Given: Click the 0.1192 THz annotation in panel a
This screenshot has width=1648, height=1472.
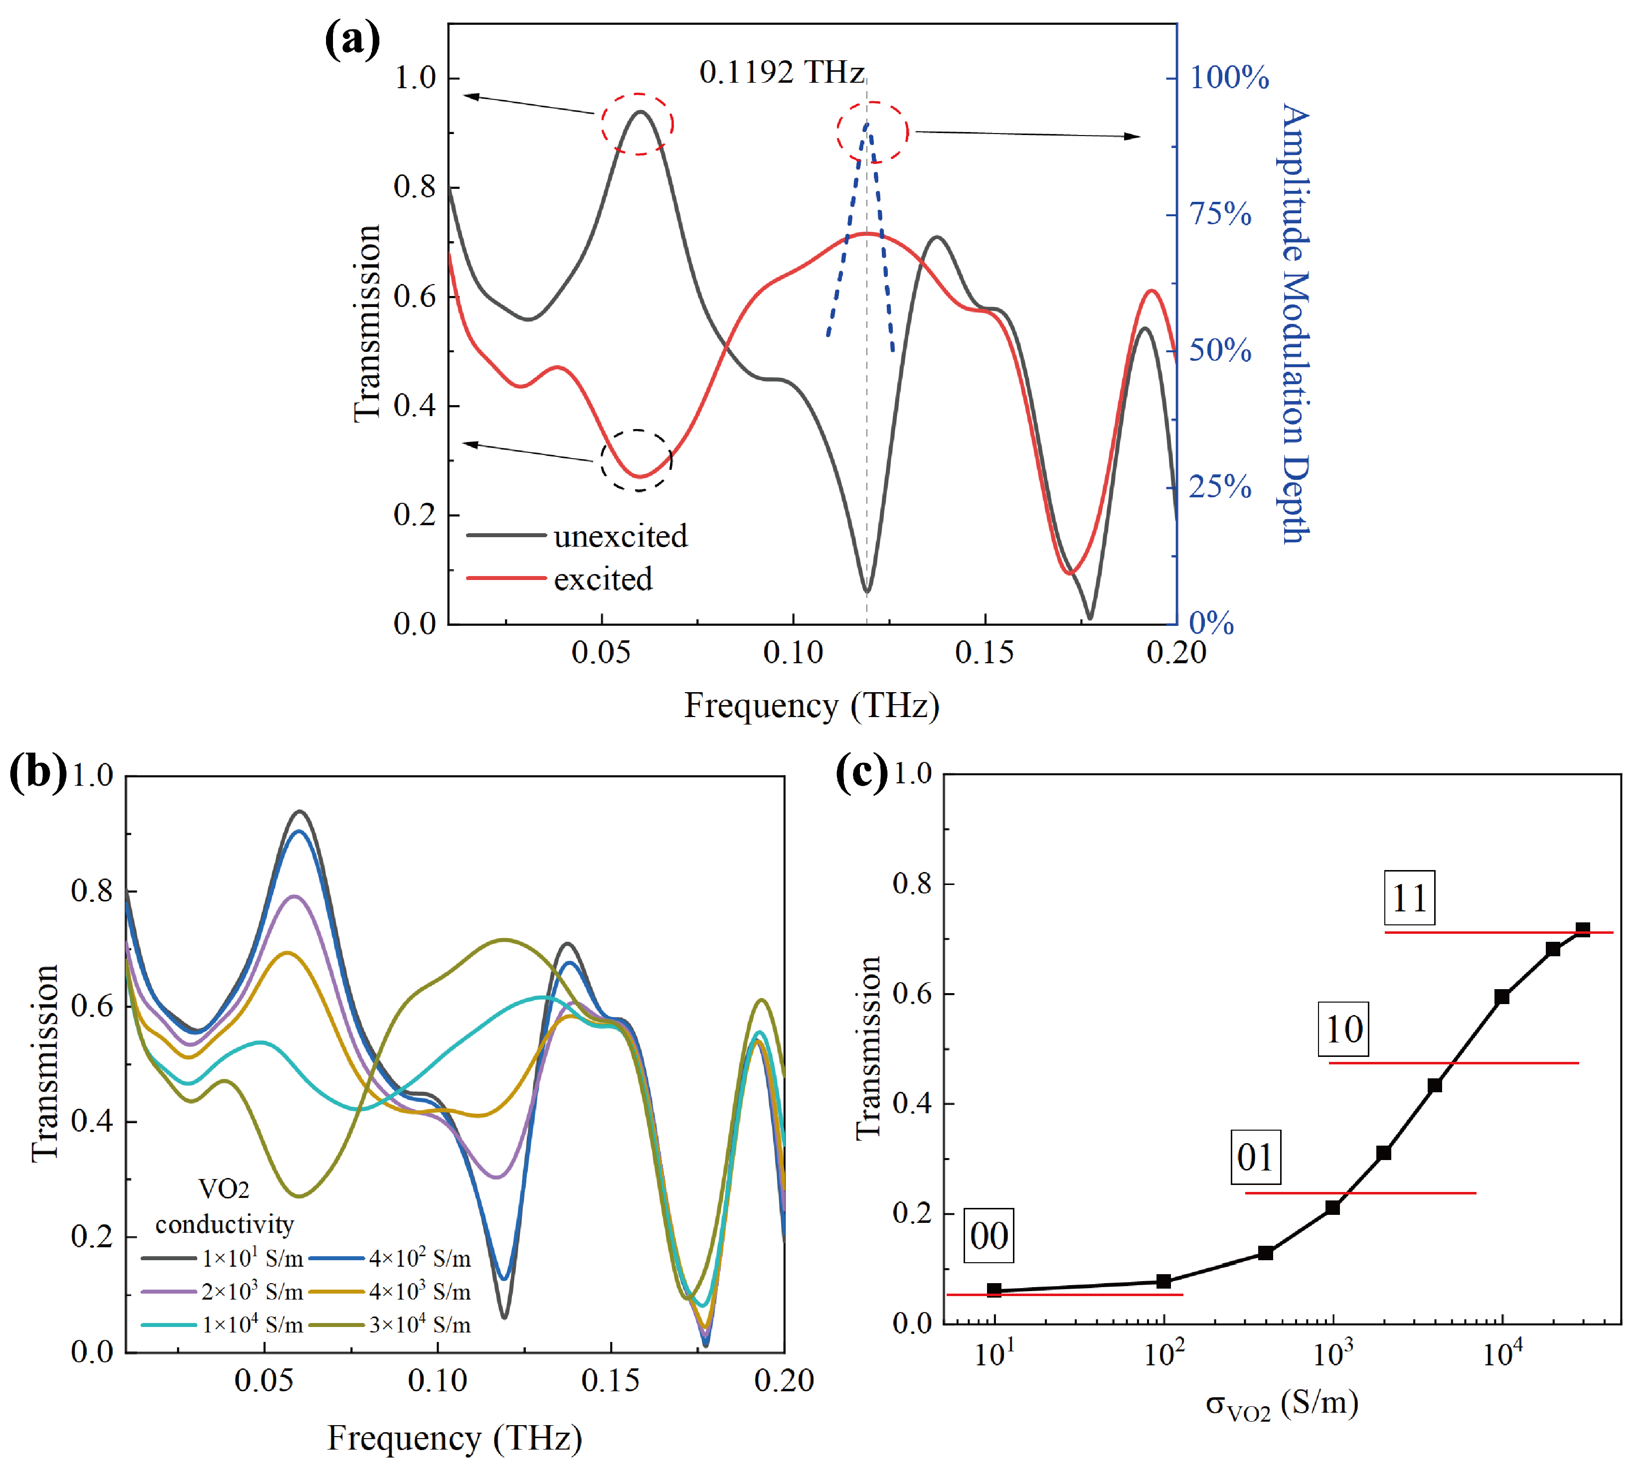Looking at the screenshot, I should [x=782, y=73].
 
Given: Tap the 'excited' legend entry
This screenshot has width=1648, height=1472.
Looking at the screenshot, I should [x=603, y=579].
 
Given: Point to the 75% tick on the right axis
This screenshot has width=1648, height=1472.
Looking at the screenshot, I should [x=1220, y=214].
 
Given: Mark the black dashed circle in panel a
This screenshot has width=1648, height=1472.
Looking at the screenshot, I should [x=637, y=460].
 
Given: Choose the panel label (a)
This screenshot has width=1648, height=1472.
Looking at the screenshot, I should [x=352, y=39].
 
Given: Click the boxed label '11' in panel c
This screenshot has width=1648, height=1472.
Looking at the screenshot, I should [x=1409, y=898].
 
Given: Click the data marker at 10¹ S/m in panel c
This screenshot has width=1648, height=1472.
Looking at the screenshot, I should [x=994, y=1290].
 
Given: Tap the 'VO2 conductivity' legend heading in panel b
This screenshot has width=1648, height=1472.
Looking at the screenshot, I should [x=224, y=1207].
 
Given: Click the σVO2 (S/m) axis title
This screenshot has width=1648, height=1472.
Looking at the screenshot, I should [x=1282, y=1404].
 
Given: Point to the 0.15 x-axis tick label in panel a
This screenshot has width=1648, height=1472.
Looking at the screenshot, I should [x=984, y=652].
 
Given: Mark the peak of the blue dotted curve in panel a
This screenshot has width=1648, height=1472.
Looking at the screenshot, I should [x=866, y=123].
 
